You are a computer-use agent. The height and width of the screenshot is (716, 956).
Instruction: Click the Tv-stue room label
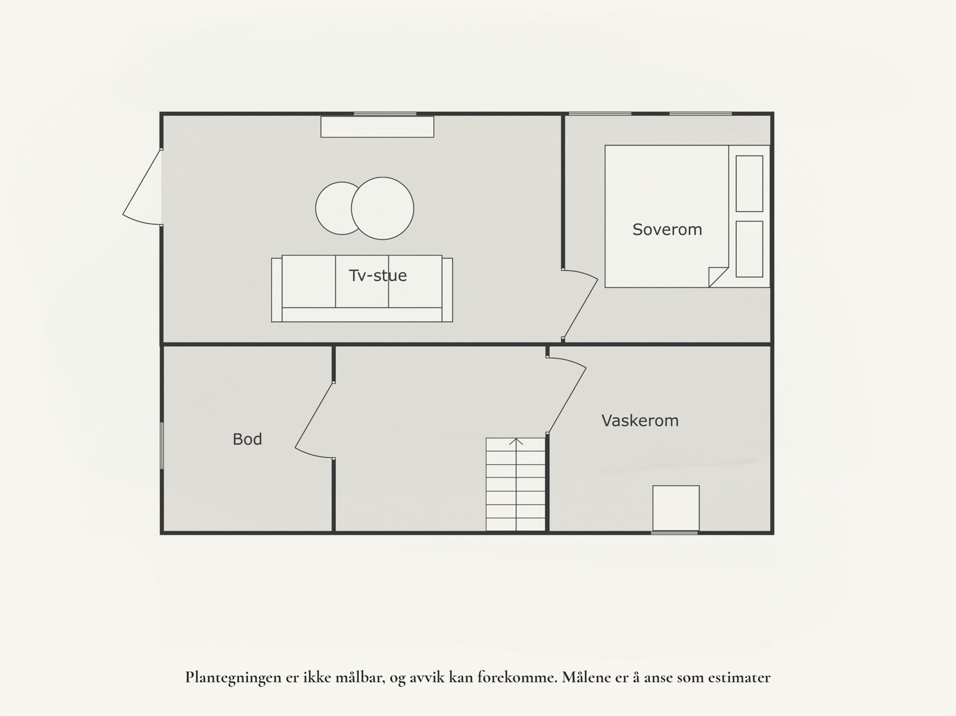click(378, 276)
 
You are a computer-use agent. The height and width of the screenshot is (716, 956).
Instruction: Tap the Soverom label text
click(667, 230)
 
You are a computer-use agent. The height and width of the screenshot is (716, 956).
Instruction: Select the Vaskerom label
click(640, 421)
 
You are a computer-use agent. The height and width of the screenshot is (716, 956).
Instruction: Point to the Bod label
click(247, 439)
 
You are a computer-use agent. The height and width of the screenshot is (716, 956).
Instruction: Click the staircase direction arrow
click(516, 443)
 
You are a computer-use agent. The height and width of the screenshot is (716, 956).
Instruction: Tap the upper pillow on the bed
click(749, 183)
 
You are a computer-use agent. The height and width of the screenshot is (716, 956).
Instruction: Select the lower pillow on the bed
click(749, 249)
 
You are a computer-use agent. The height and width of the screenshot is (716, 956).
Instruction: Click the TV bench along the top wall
click(377, 127)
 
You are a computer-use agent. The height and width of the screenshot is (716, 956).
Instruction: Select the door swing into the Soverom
click(581, 305)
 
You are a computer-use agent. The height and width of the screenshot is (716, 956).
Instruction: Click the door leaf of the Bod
click(313, 416)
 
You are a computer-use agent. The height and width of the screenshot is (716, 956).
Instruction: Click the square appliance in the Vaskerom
click(676, 508)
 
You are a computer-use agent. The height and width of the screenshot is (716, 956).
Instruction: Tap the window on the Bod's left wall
click(161, 445)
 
